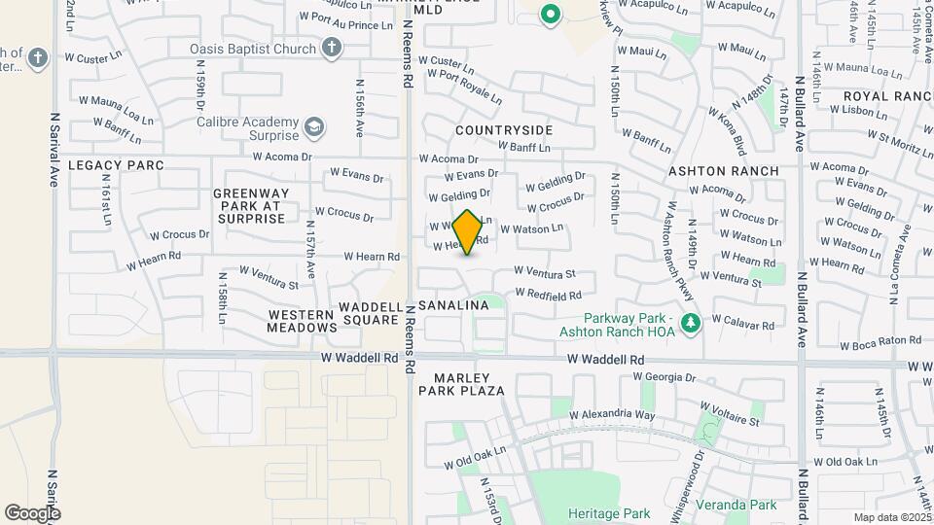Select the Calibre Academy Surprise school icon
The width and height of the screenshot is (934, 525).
(x=314, y=126)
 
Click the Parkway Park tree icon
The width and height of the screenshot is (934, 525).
(x=692, y=323)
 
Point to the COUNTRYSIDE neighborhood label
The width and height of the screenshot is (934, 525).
(x=504, y=130)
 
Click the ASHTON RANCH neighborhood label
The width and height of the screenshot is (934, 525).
(x=723, y=171)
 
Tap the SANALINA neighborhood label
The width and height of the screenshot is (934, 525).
(x=453, y=305)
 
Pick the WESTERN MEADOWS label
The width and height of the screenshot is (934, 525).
(x=302, y=322)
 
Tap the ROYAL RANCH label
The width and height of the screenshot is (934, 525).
(x=887, y=96)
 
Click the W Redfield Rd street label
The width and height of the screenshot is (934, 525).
(x=548, y=294)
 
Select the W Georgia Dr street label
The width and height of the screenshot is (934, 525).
(x=661, y=377)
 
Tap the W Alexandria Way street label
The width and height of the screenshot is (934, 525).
(x=612, y=414)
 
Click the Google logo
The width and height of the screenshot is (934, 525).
(x=32, y=512)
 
